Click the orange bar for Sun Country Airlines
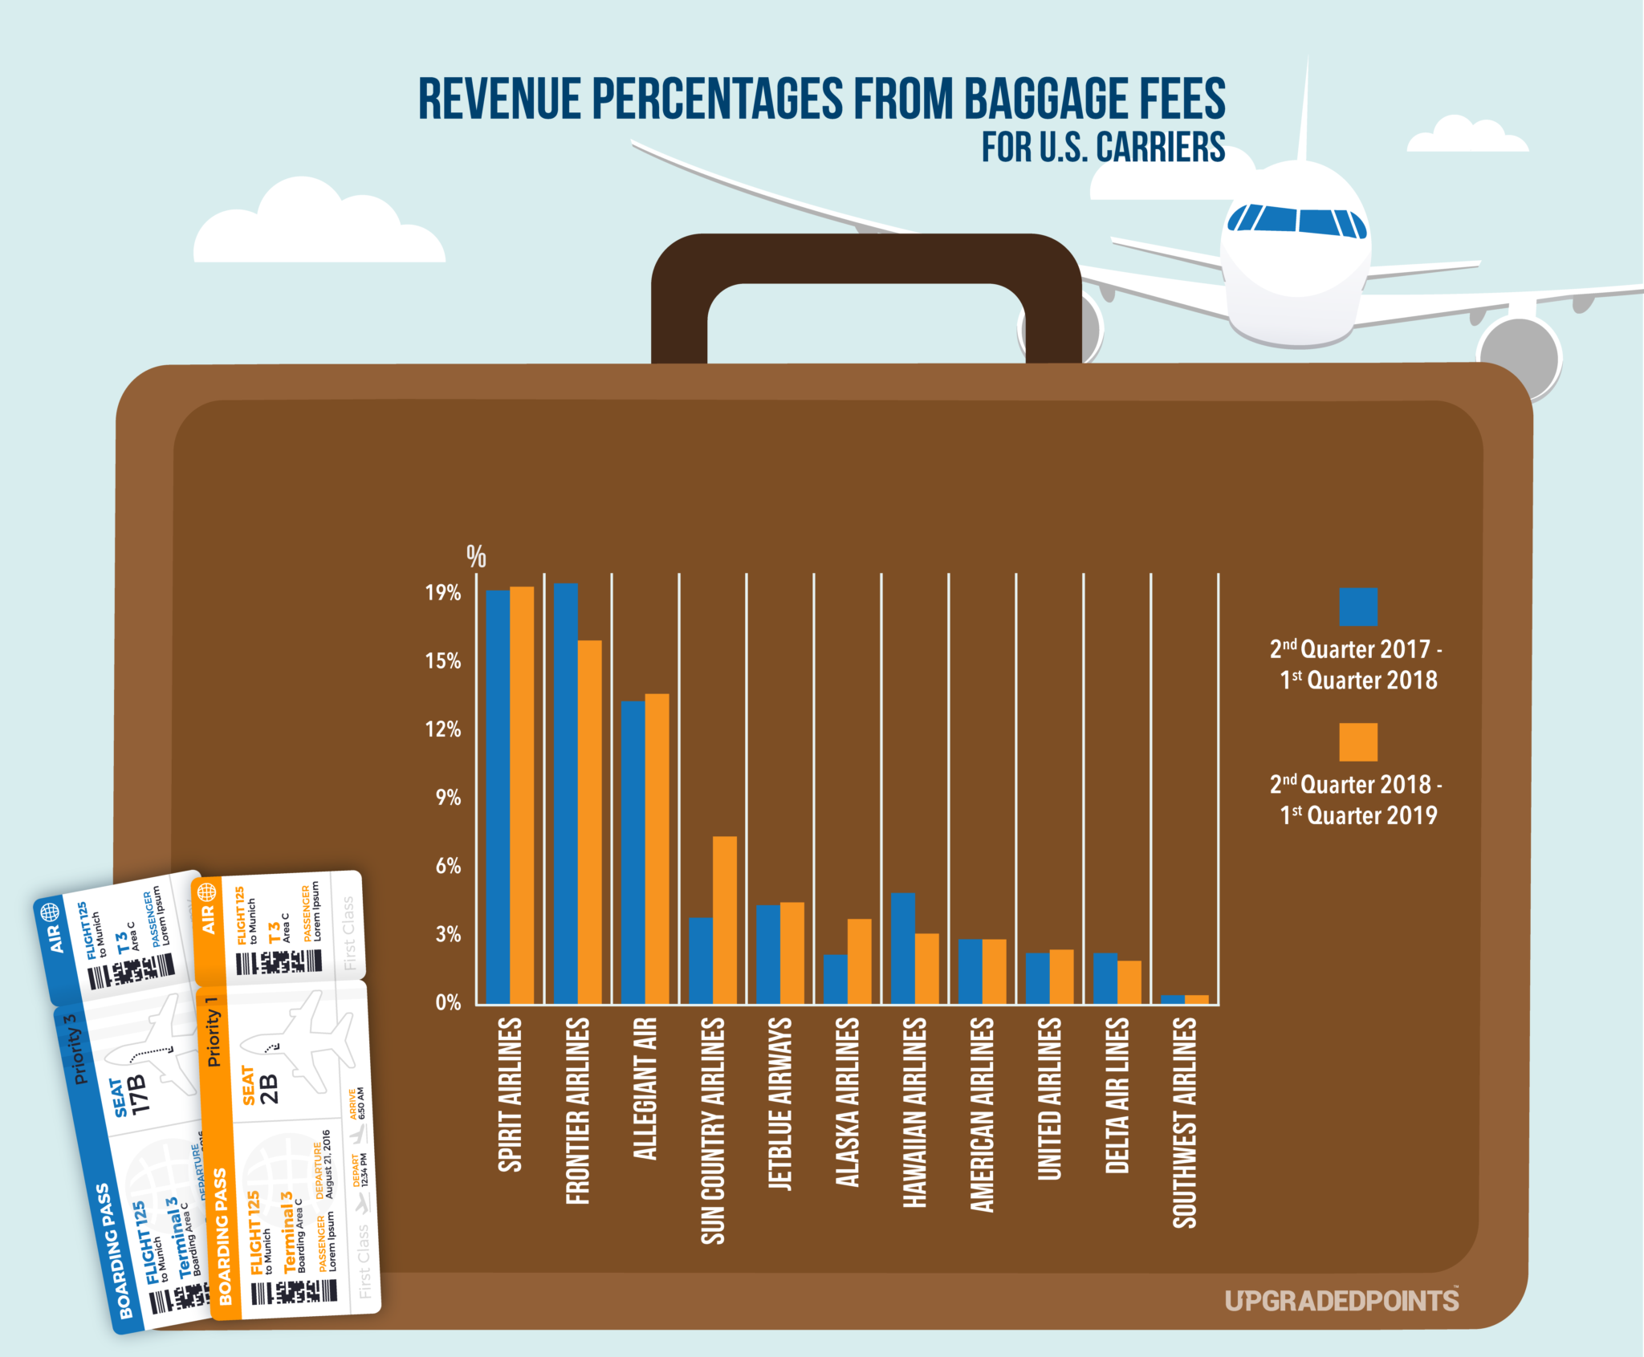(x=725, y=920)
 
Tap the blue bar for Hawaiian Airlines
(x=902, y=948)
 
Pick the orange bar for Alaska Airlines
(x=859, y=961)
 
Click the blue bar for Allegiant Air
(x=633, y=851)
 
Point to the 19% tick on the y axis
(x=443, y=593)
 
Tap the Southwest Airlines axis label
(x=1184, y=1122)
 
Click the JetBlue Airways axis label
(x=780, y=1103)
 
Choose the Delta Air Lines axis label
(x=1117, y=1095)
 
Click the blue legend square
(x=1357, y=607)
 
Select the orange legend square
(x=1357, y=741)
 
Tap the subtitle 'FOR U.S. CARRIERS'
(x=1103, y=148)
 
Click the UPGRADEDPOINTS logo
(x=1341, y=1301)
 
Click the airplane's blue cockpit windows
(x=1297, y=220)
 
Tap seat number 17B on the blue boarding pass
(x=138, y=1095)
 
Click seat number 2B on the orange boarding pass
(x=269, y=1089)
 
